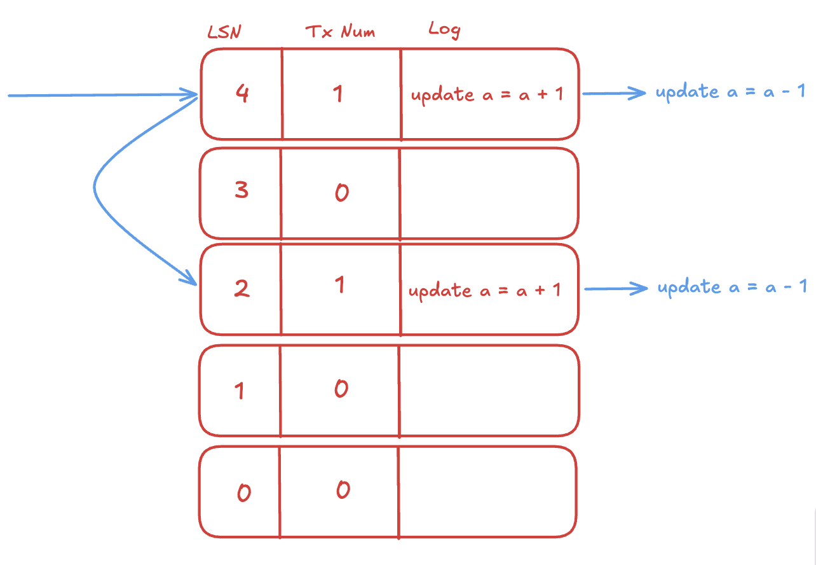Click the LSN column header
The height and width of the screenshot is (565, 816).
(x=224, y=32)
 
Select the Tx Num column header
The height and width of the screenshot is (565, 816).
(x=340, y=31)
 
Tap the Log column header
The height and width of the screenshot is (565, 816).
(x=444, y=30)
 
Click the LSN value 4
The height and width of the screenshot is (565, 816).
(x=242, y=93)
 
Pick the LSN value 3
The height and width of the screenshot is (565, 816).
(x=241, y=190)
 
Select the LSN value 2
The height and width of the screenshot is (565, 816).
(x=241, y=288)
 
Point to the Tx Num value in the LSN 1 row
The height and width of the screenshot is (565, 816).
(x=342, y=389)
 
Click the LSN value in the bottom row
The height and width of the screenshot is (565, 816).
(x=244, y=492)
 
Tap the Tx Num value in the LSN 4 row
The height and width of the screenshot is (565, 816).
(x=338, y=94)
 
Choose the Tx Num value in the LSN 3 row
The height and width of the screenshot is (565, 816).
(x=342, y=192)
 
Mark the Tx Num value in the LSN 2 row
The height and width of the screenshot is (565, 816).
(x=339, y=284)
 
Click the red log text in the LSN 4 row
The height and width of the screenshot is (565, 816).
(x=487, y=95)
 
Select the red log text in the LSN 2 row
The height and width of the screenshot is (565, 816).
(x=484, y=291)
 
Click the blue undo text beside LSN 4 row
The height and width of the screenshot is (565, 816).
(x=730, y=92)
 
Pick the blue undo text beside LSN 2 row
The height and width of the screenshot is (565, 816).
(x=732, y=287)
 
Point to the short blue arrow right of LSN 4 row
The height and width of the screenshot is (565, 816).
(x=614, y=94)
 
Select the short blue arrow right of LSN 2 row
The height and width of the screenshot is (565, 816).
(x=616, y=289)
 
